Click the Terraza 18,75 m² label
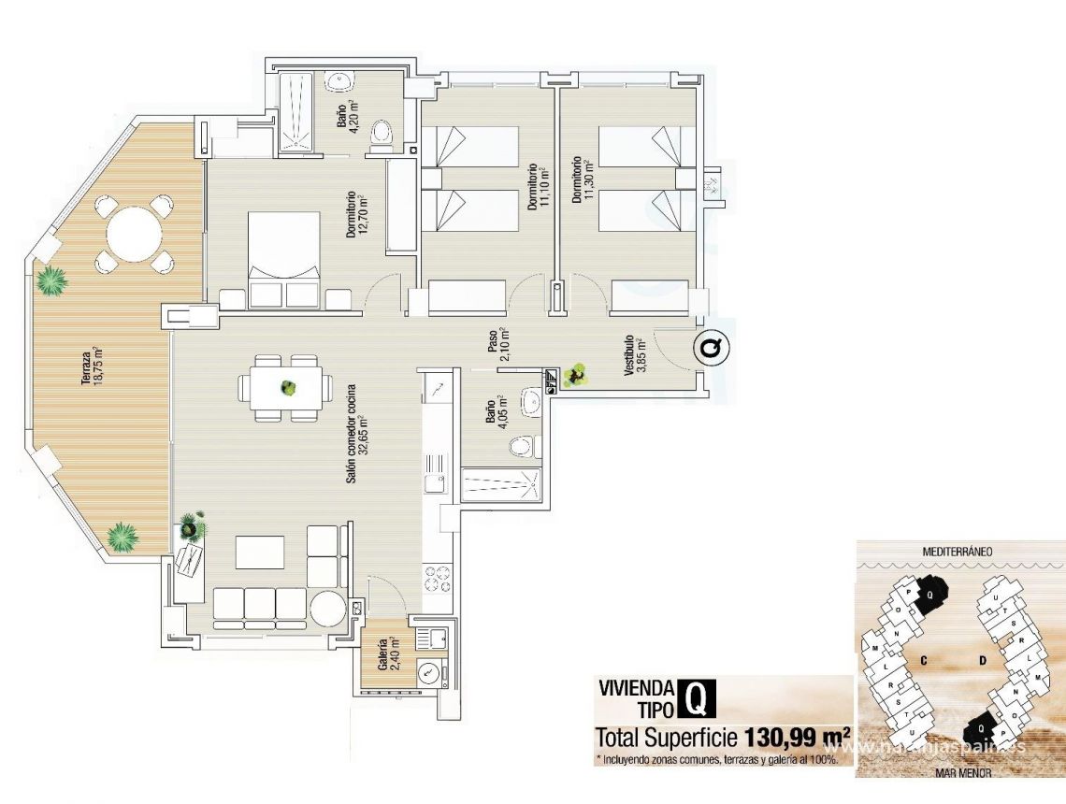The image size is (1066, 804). click(x=90, y=366)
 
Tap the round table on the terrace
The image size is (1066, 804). click(x=136, y=233)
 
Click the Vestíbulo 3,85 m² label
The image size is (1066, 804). click(x=635, y=356)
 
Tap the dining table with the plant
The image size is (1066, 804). click(x=285, y=387)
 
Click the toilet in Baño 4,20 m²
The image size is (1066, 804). click(x=381, y=136)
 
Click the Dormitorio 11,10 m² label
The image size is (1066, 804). click(x=536, y=188)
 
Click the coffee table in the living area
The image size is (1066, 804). click(x=259, y=552)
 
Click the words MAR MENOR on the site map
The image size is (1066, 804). click(x=960, y=775)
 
